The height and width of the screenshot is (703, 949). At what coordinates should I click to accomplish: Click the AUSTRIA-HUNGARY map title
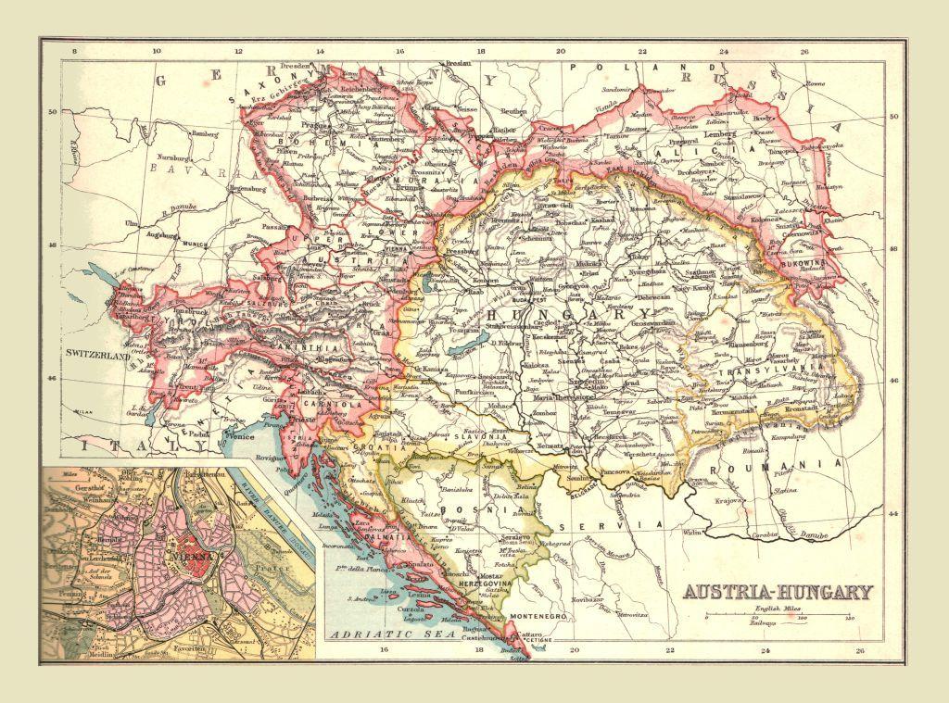click(x=778, y=592)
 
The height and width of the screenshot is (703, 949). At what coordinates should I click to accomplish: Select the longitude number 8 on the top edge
click(x=74, y=53)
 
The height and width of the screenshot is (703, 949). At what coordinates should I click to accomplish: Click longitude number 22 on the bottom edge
click(x=669, y=650)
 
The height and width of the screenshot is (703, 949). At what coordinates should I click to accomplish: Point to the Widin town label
click(x=691, y=533)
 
